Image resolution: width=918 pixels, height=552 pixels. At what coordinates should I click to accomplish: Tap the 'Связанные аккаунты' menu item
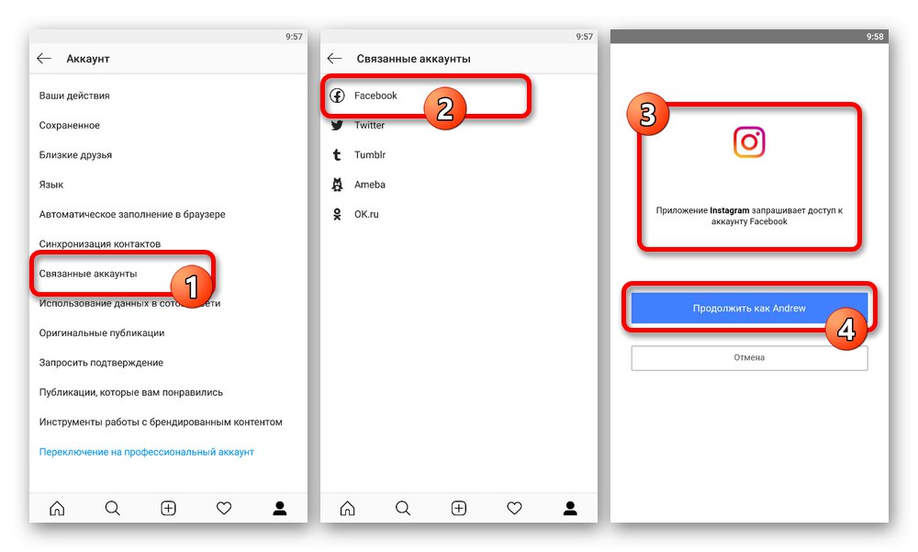(88, 274)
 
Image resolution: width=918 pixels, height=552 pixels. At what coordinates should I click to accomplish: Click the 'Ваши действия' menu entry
(74, 96)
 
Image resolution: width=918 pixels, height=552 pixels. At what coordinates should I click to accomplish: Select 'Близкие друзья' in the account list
(75, 154)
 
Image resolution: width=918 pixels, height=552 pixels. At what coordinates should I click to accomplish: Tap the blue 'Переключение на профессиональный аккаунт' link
(146, 452)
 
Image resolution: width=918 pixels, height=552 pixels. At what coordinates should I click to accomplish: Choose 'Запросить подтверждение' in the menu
(101, 363)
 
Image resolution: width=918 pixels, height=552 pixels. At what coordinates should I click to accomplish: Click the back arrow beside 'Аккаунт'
(44, 58)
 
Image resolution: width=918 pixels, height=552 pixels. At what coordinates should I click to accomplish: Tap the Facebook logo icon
(337, 96)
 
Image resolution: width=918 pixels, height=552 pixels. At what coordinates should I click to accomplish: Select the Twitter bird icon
(337, 126)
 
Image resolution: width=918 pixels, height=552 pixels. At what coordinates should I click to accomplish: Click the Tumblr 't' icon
(337, 154)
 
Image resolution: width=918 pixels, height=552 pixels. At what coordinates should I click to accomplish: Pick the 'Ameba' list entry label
(369, 185)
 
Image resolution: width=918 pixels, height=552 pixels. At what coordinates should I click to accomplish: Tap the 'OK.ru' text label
(366, 215)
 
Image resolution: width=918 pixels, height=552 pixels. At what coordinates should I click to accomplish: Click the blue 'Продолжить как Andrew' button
(749, 309)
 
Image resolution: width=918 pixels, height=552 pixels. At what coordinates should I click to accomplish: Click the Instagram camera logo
(749, 141)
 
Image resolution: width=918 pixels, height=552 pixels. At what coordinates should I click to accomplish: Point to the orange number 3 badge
(647, 114)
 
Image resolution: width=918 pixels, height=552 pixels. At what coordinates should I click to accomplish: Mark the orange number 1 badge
(191, 286)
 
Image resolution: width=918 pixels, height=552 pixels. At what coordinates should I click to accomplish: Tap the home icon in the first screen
(57, 508)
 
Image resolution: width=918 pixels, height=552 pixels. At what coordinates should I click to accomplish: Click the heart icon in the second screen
(514, 508)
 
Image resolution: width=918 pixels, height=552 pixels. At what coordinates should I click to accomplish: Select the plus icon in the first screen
(168, 508)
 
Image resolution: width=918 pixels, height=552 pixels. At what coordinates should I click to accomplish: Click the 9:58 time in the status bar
(875, 37)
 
